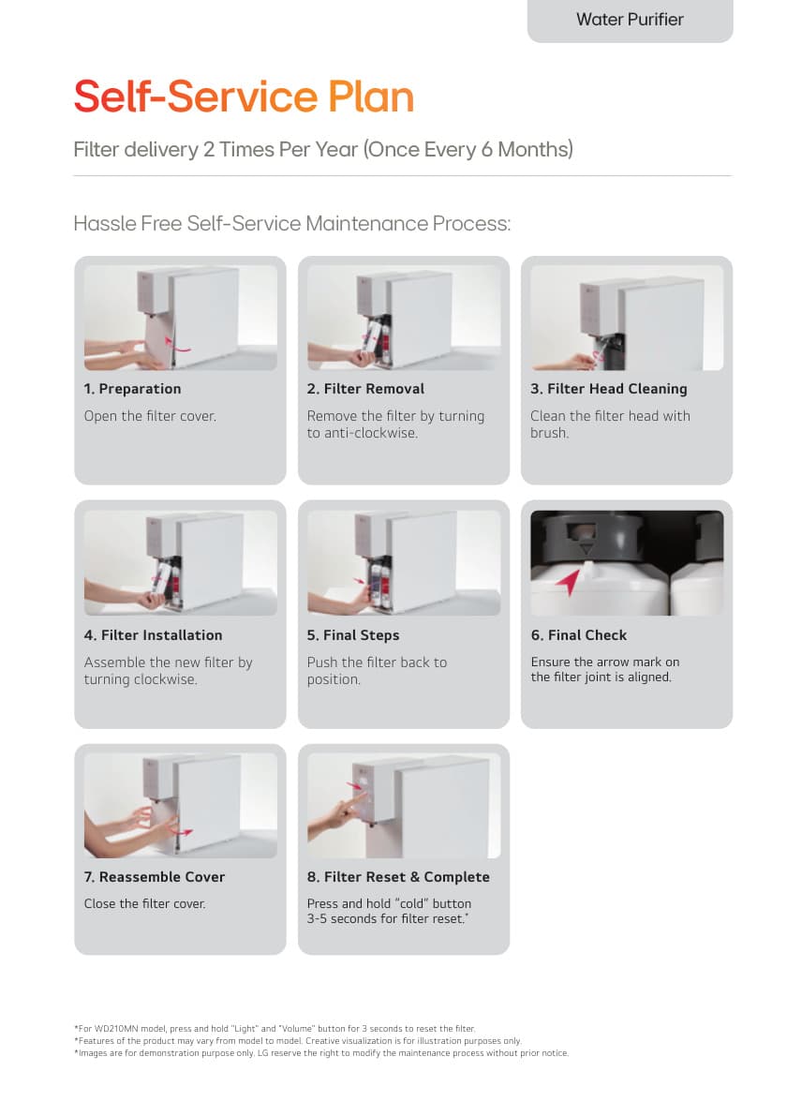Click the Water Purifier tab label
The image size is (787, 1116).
pyautogui.click(x=630, y=20)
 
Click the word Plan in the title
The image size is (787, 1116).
pyautogui.click(x=371, y=97)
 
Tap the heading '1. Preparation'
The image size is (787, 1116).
pyautogui.click(x=132, y=389)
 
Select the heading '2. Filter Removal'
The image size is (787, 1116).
pyautogui.click(x=365, y=389)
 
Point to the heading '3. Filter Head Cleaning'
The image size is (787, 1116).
pyautogui.click(x=609, y=389)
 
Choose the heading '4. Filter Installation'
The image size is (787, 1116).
pyautogui.click(x=153, y=635)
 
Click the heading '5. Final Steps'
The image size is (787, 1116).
pyautogui.click(x=353, y=635)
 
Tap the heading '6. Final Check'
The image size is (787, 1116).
pyautogui.click(x=578, y=635)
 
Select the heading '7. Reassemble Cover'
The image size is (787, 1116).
pyautogui.click(x=155, y=877)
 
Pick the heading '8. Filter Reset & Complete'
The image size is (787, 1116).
pyautogui.click(x=398, y=877)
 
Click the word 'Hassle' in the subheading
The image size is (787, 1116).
pyautogui.click(x=105, y=224)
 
